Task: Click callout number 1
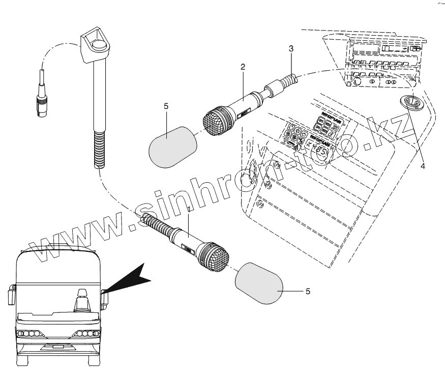(189, 209)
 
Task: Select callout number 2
(243, 67)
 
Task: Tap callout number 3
(290, 49)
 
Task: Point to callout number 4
(423, 165)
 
